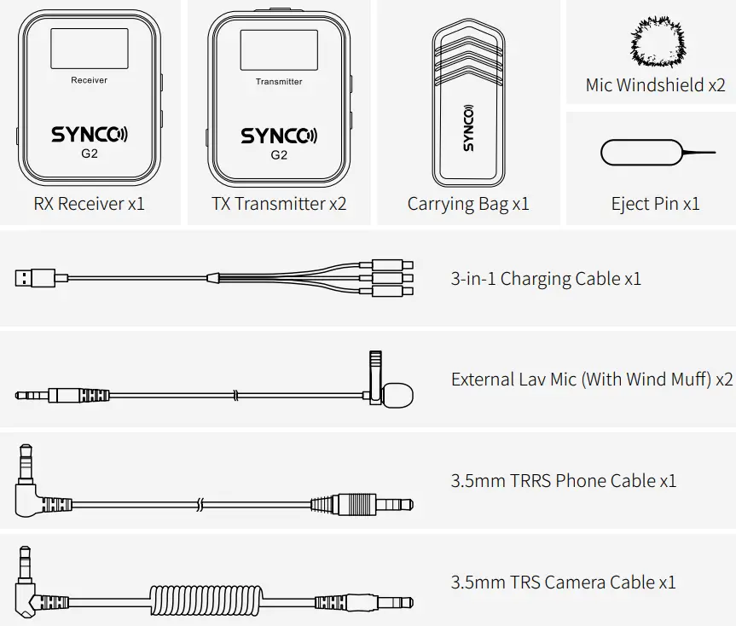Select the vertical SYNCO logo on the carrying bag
coord(469,128)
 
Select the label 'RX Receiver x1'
coord(89,204)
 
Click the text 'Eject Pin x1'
coord(655,204)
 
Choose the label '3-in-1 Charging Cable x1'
coord(545,279)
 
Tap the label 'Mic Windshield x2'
coord(655,85)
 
